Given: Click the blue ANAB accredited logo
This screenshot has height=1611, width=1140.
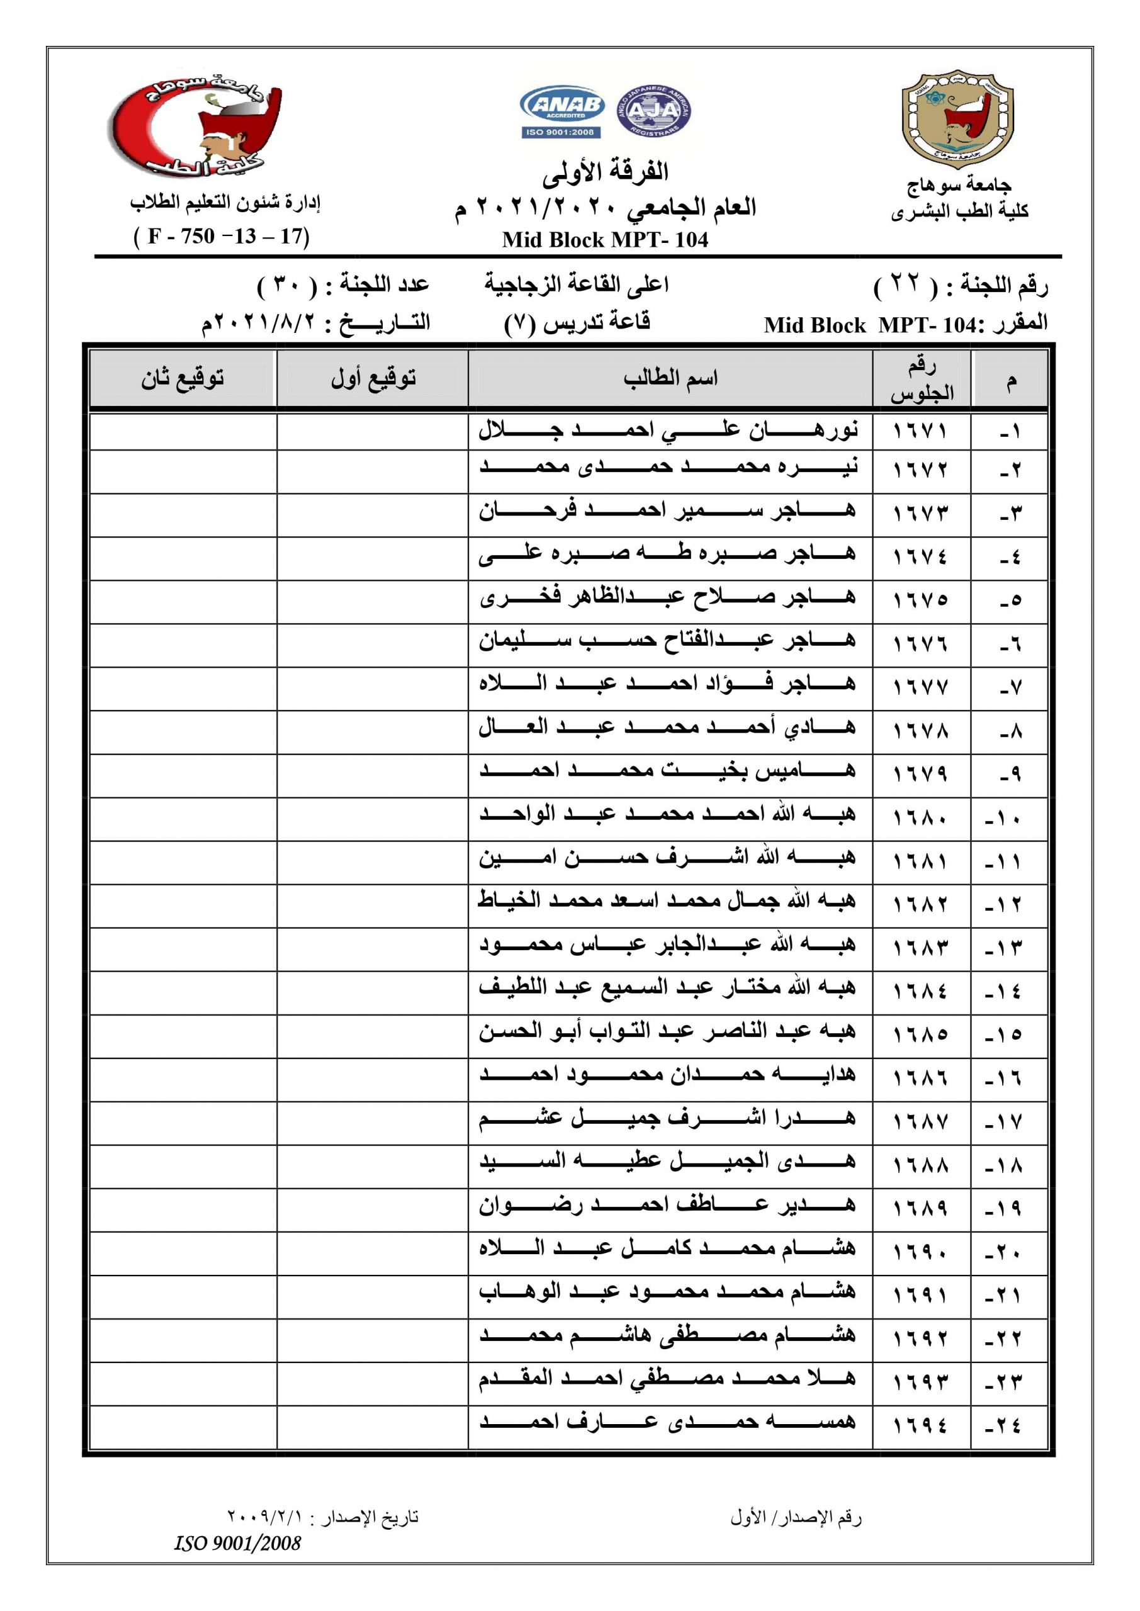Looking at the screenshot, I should pyautogui.click(x=562, y=111).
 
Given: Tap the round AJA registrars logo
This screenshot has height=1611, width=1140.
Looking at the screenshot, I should pyautogui.click(x=653, y=111).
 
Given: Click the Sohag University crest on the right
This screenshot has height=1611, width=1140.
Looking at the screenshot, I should pyautogui.click(x=957, y=120).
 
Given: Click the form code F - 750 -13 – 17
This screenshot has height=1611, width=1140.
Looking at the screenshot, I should pyautogui.click(x=221, y=237).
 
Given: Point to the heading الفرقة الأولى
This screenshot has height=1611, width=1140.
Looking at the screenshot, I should pyautogui.click(x=605, y=171).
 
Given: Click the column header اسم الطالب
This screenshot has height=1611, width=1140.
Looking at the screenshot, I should pyautogui.click(x=670, y=379).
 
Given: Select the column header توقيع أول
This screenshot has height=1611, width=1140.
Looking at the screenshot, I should pyautogui.click(x=373, y=379).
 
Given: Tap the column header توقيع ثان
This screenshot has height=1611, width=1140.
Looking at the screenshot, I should pyautogui.click(x=183, y=379).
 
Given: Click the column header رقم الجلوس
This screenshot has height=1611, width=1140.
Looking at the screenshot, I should pyautogui.click(x=922, y=379).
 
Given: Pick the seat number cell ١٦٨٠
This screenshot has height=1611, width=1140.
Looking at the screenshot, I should pyautogui.click(x=920, y=818).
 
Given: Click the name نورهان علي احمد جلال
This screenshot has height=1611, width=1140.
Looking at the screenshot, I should pyautogui.click(x=669, y=429).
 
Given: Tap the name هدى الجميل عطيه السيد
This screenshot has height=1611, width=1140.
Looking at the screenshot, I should pyautogui.click(x=669, y=1163).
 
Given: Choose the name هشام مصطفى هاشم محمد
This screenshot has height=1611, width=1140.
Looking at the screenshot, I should pyautogui.click(x=669, y=1336).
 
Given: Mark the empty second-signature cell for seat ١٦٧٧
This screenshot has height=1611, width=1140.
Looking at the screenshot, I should pyautogui.click(x=183, y=688).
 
